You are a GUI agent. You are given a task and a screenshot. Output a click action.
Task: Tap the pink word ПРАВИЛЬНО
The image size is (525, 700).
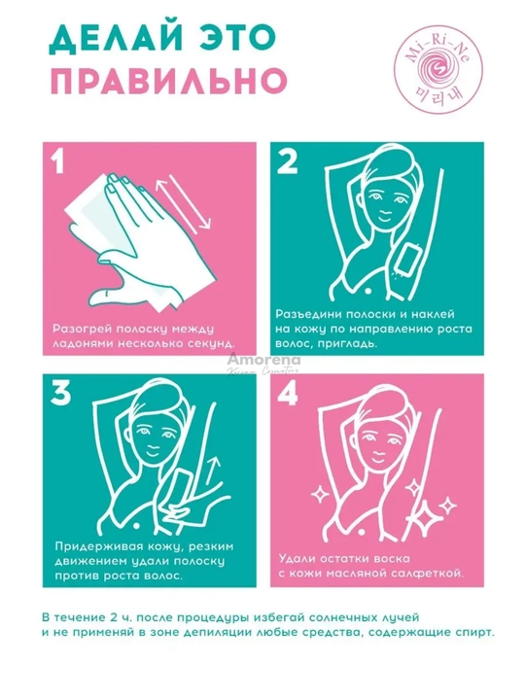tap(167, 81)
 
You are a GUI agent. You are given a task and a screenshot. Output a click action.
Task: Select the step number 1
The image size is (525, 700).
tap(57, 160)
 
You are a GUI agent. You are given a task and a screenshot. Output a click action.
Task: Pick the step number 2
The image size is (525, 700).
tap(287, 161)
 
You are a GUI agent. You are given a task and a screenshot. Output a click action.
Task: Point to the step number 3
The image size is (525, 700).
tap(60, 393)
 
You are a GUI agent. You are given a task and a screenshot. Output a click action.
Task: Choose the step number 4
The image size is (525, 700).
tap(288, 393)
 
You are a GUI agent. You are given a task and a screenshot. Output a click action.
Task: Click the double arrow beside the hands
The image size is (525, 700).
tap(184, 203)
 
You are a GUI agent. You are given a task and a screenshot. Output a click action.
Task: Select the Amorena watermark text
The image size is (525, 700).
tap(264, 360)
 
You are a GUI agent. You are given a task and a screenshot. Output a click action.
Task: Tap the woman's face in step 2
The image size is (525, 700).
tap(384, 203)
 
